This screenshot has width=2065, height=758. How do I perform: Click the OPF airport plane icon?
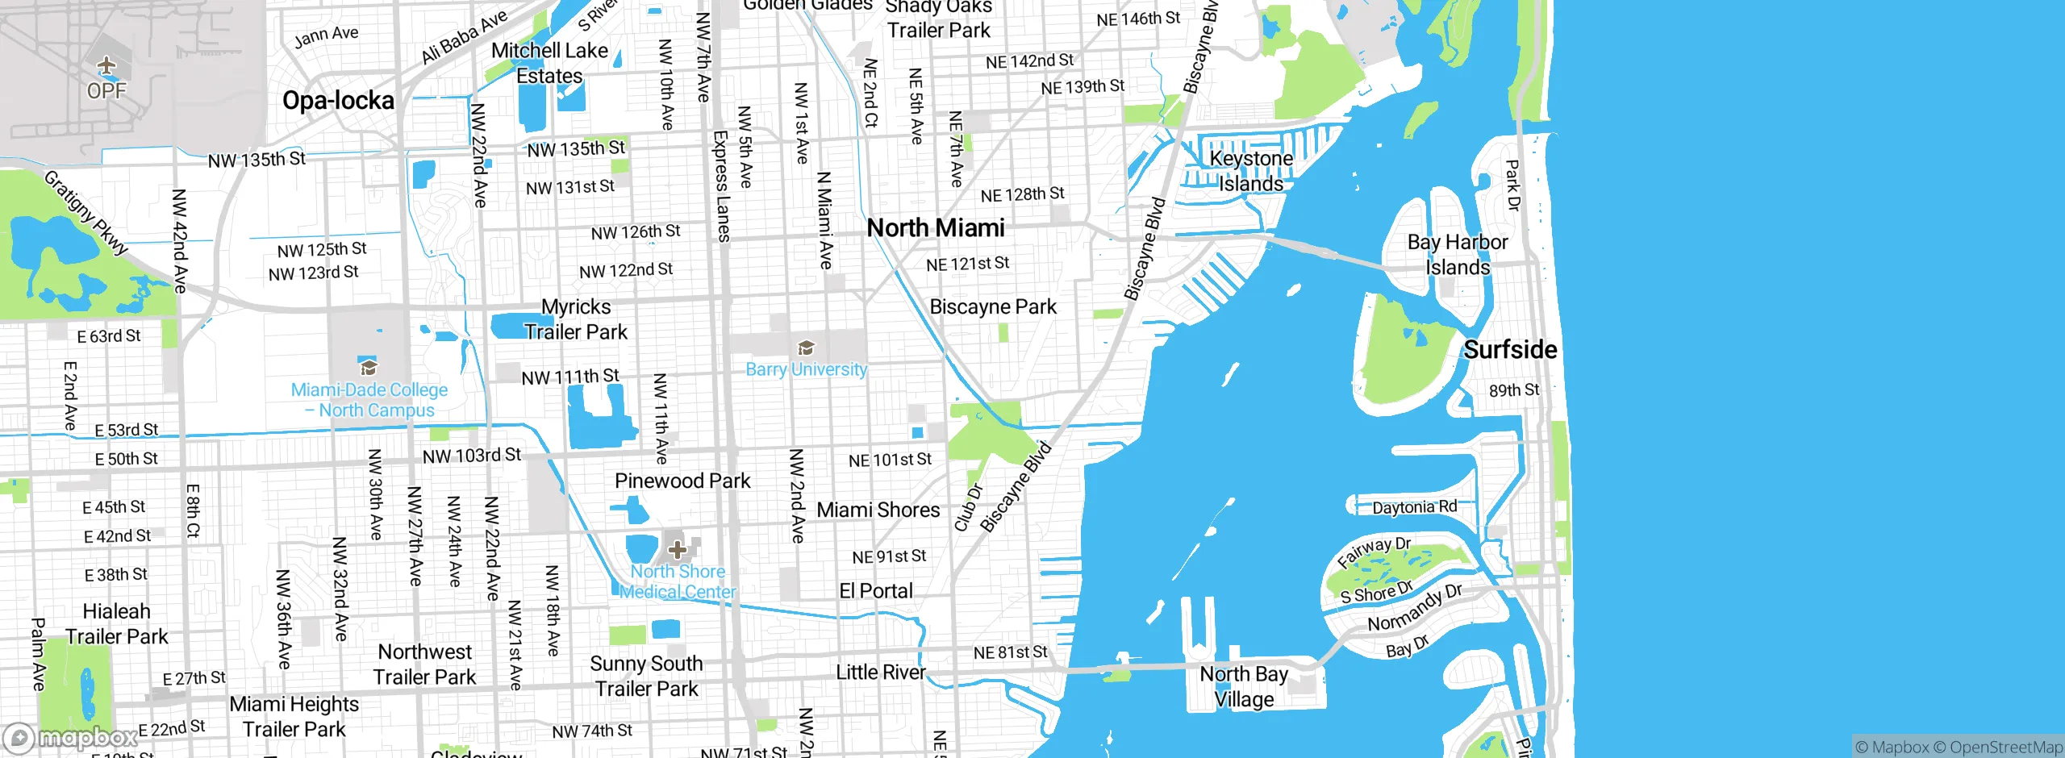106,65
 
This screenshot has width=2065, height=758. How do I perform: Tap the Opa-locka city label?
338,101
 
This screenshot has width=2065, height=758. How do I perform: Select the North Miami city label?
936,228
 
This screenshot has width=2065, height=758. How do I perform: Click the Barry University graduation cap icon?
805,348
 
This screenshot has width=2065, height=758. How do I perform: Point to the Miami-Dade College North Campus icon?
369,369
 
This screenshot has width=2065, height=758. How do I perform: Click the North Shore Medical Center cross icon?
678,551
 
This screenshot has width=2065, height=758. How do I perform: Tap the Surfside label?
1510,350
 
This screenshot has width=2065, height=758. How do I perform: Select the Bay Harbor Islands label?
1457,255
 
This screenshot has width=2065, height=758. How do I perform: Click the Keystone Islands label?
1251,171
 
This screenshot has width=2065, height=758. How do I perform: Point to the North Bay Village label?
1244,686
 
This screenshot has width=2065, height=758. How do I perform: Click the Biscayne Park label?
993,307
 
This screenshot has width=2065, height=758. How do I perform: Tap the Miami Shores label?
878,510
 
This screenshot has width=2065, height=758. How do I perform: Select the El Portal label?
876,591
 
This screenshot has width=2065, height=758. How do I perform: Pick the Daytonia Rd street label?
1415,507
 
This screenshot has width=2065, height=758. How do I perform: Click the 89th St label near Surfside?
1513,390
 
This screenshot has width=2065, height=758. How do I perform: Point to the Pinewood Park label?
682,481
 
